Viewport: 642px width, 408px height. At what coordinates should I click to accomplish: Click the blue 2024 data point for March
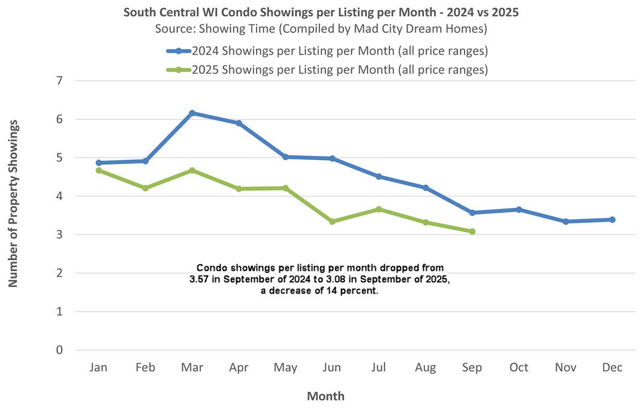pos(192,113)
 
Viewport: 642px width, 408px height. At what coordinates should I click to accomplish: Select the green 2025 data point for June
pos(332,222)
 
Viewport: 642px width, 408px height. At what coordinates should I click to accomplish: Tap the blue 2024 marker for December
pos(612,220)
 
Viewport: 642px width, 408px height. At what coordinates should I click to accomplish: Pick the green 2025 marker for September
pos(472,231)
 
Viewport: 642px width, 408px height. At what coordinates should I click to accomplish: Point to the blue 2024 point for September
pos(472,213)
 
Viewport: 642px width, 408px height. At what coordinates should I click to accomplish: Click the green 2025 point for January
pos(98,170)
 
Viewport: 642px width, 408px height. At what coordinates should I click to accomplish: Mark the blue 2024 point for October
pos(519,210)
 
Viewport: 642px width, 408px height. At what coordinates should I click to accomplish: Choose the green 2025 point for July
pos(379,209)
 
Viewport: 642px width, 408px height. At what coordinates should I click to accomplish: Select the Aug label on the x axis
pos(425,368)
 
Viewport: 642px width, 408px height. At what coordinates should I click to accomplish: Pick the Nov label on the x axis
pos(565,368)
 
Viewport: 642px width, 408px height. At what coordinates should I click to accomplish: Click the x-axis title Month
pos(325,396)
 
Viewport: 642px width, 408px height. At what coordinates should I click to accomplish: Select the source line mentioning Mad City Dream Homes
pos(321,28)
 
